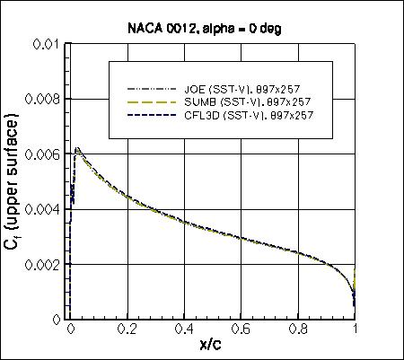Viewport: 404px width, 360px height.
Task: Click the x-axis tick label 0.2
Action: coord(127,329)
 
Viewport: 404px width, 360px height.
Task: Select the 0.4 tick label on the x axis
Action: coord(184,329)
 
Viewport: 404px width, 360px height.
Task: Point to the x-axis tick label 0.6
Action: coord(242,329)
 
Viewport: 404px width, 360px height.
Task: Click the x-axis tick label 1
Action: coord(356,329)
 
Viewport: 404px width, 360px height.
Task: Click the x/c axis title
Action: coord(213,346)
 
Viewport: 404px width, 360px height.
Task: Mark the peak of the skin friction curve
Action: coord(77,148)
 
